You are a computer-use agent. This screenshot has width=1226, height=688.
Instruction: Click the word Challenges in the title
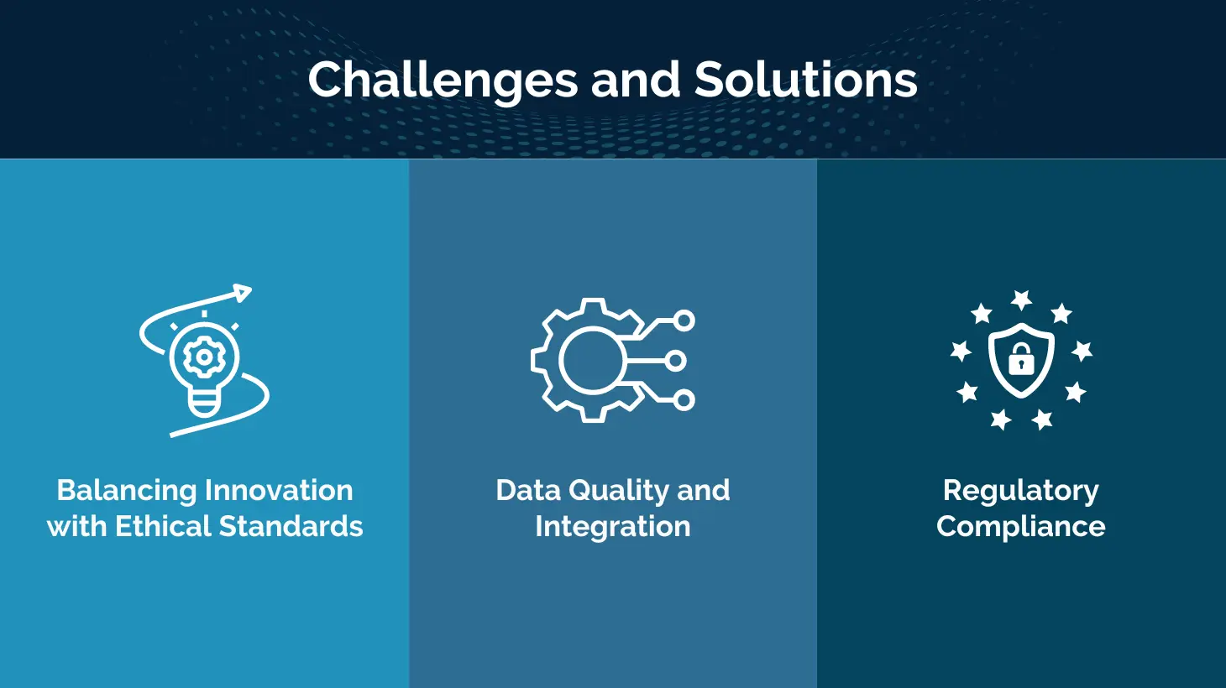click(x=443, y=81)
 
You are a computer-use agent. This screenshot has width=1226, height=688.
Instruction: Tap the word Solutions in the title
click(x=805, y=80)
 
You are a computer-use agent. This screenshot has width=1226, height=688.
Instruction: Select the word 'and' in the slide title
click(x=636, y=80)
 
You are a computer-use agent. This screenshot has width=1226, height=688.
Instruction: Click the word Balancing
click(x=127, y=491)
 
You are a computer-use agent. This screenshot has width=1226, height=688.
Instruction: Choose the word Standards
click(x=291, y=526)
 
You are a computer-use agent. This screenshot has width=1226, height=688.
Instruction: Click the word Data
click(x=528, y=490)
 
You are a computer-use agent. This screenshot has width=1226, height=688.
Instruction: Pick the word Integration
click(x=613, y=527)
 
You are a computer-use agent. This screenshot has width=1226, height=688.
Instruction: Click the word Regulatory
click(x=1021, y=491)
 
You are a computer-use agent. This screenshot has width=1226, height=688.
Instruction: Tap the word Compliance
click(x=1021, y=527)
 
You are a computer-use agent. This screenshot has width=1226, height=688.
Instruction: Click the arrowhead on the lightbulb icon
click(x=243, y=293)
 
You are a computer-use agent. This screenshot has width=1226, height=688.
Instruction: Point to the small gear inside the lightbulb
click(x=204, y=357)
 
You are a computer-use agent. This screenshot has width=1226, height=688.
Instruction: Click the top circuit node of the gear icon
click(x=684, y=321)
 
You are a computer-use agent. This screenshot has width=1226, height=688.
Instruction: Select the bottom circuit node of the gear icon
click(x=684, y=400)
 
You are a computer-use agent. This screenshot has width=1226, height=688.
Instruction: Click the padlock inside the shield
click(x=1021, y=359)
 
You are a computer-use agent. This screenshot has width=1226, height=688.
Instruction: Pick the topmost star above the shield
click(x=1021, y=300)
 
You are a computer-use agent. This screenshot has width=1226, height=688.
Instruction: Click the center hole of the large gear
click(x=591, y=361)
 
